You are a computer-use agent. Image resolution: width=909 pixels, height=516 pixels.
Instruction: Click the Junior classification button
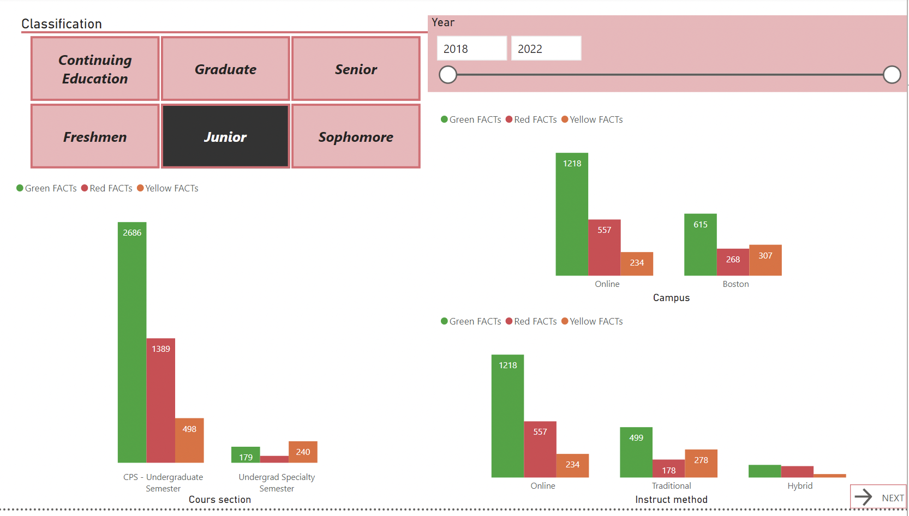click(225, 136)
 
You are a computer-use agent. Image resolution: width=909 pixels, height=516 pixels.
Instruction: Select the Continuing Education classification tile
click(95, 69)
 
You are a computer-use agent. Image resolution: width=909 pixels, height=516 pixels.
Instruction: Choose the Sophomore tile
click(356, 136)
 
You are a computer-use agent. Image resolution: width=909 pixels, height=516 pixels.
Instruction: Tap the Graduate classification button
click(225, 69)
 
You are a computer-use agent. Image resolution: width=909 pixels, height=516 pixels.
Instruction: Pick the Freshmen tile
click(95, 136)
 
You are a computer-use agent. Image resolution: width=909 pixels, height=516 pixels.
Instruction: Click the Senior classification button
click(356, 69)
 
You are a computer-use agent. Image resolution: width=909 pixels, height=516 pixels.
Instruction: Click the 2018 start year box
click(471, 49)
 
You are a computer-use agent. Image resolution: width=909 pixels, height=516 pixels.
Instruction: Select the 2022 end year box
click(546, 49)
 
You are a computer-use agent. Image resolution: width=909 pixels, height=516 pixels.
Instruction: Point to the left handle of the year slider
click(448, 75)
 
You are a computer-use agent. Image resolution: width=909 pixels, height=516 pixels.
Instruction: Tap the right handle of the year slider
click(892, 75)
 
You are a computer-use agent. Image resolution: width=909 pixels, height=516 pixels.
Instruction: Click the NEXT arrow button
click(878, 497)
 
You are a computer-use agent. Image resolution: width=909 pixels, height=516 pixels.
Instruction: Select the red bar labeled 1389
click(161, 400)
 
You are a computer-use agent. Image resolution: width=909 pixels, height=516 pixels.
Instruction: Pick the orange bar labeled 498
click(189, 441)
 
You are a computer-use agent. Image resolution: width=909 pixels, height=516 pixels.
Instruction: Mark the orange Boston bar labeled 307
click(765, 260)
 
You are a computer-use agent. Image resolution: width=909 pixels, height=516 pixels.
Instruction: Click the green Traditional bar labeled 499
click(636, 452)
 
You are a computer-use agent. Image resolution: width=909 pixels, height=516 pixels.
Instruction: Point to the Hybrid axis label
click(800, 485)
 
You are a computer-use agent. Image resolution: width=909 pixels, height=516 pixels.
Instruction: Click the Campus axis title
click(671, 298)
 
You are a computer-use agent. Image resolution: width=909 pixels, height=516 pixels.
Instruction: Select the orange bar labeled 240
click(303, 452)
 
